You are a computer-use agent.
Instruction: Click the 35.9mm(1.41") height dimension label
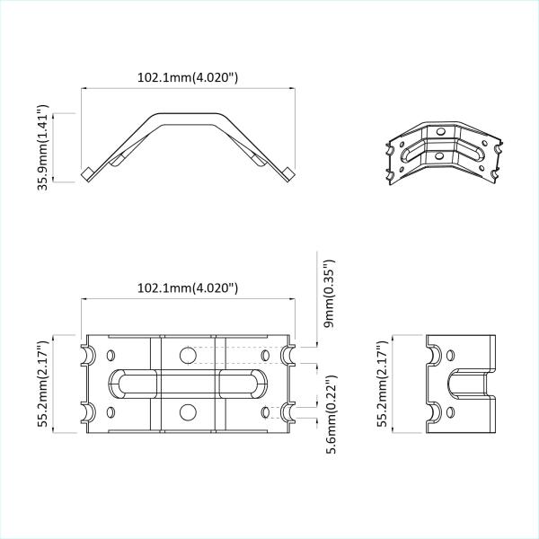click(43, 147)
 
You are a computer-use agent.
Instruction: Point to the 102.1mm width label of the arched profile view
click(187, 77)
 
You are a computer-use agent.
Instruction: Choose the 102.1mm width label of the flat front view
click(187, 288)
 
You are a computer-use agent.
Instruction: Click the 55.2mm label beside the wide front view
click(43, 384)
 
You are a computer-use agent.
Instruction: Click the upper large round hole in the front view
click(187, 355)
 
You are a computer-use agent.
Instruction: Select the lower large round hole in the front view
click(187, 412)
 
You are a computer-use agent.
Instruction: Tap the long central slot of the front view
click(187, 384)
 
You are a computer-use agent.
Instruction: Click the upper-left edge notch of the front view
click(89, 353)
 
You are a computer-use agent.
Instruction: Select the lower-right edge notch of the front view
click(288, 413)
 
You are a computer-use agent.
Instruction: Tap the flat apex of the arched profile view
click(187, 116)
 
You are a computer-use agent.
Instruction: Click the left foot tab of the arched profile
click(89, 173)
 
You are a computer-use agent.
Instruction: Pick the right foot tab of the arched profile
click(287, 173)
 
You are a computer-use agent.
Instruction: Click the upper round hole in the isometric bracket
click(439, 133)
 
